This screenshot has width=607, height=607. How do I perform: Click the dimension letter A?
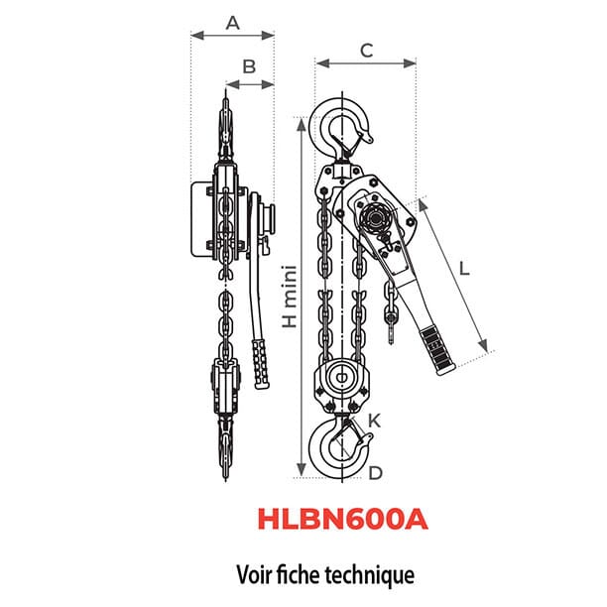click(233, 21)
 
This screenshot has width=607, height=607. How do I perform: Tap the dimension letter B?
click(250, 66)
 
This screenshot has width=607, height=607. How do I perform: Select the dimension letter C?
click(366, 51)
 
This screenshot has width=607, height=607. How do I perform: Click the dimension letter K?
click(374, 421)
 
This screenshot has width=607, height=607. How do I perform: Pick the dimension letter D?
click(375, 473)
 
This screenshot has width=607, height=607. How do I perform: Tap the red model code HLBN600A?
click(341, 521)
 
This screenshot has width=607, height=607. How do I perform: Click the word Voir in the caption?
click(256, 573)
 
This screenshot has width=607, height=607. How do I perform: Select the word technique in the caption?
click(370, 573)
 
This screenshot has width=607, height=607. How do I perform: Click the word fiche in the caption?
click(303, 573)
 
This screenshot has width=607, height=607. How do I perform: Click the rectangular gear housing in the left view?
click(203, 220)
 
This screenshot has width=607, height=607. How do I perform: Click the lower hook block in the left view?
click(227, 389)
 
